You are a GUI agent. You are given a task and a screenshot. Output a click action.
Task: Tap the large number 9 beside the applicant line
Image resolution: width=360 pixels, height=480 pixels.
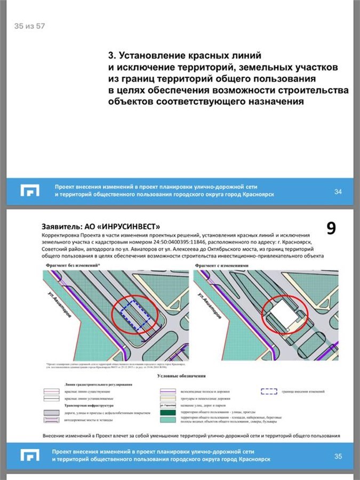coord(331,228)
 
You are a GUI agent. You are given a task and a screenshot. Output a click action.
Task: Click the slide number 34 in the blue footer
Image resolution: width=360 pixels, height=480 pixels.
coord(337,192)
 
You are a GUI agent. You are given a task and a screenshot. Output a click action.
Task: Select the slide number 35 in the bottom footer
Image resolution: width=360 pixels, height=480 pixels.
coord(338,456)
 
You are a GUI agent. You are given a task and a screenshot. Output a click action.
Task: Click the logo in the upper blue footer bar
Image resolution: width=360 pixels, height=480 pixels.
coord(30,190)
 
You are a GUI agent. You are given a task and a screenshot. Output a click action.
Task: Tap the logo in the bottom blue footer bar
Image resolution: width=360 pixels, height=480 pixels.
coord(30,455)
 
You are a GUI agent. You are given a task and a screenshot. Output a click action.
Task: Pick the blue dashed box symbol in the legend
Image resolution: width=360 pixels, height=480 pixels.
coord(269,391)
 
